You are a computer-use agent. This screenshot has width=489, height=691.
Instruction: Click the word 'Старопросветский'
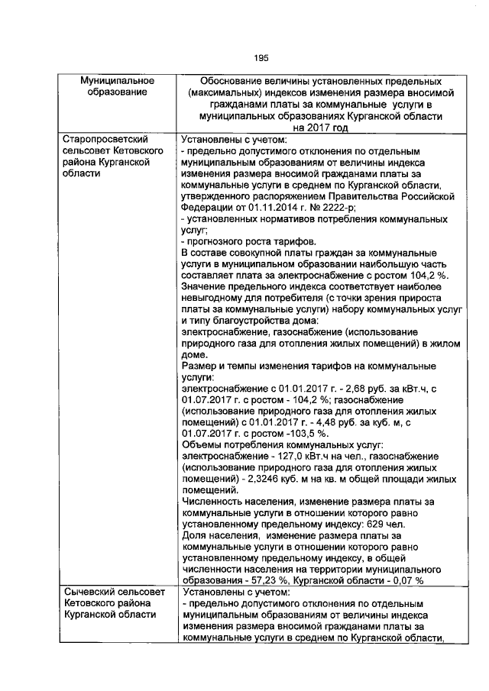click(x=103, y=140)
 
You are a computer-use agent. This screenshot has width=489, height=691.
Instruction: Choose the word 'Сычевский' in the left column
click(x=91, y=591)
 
